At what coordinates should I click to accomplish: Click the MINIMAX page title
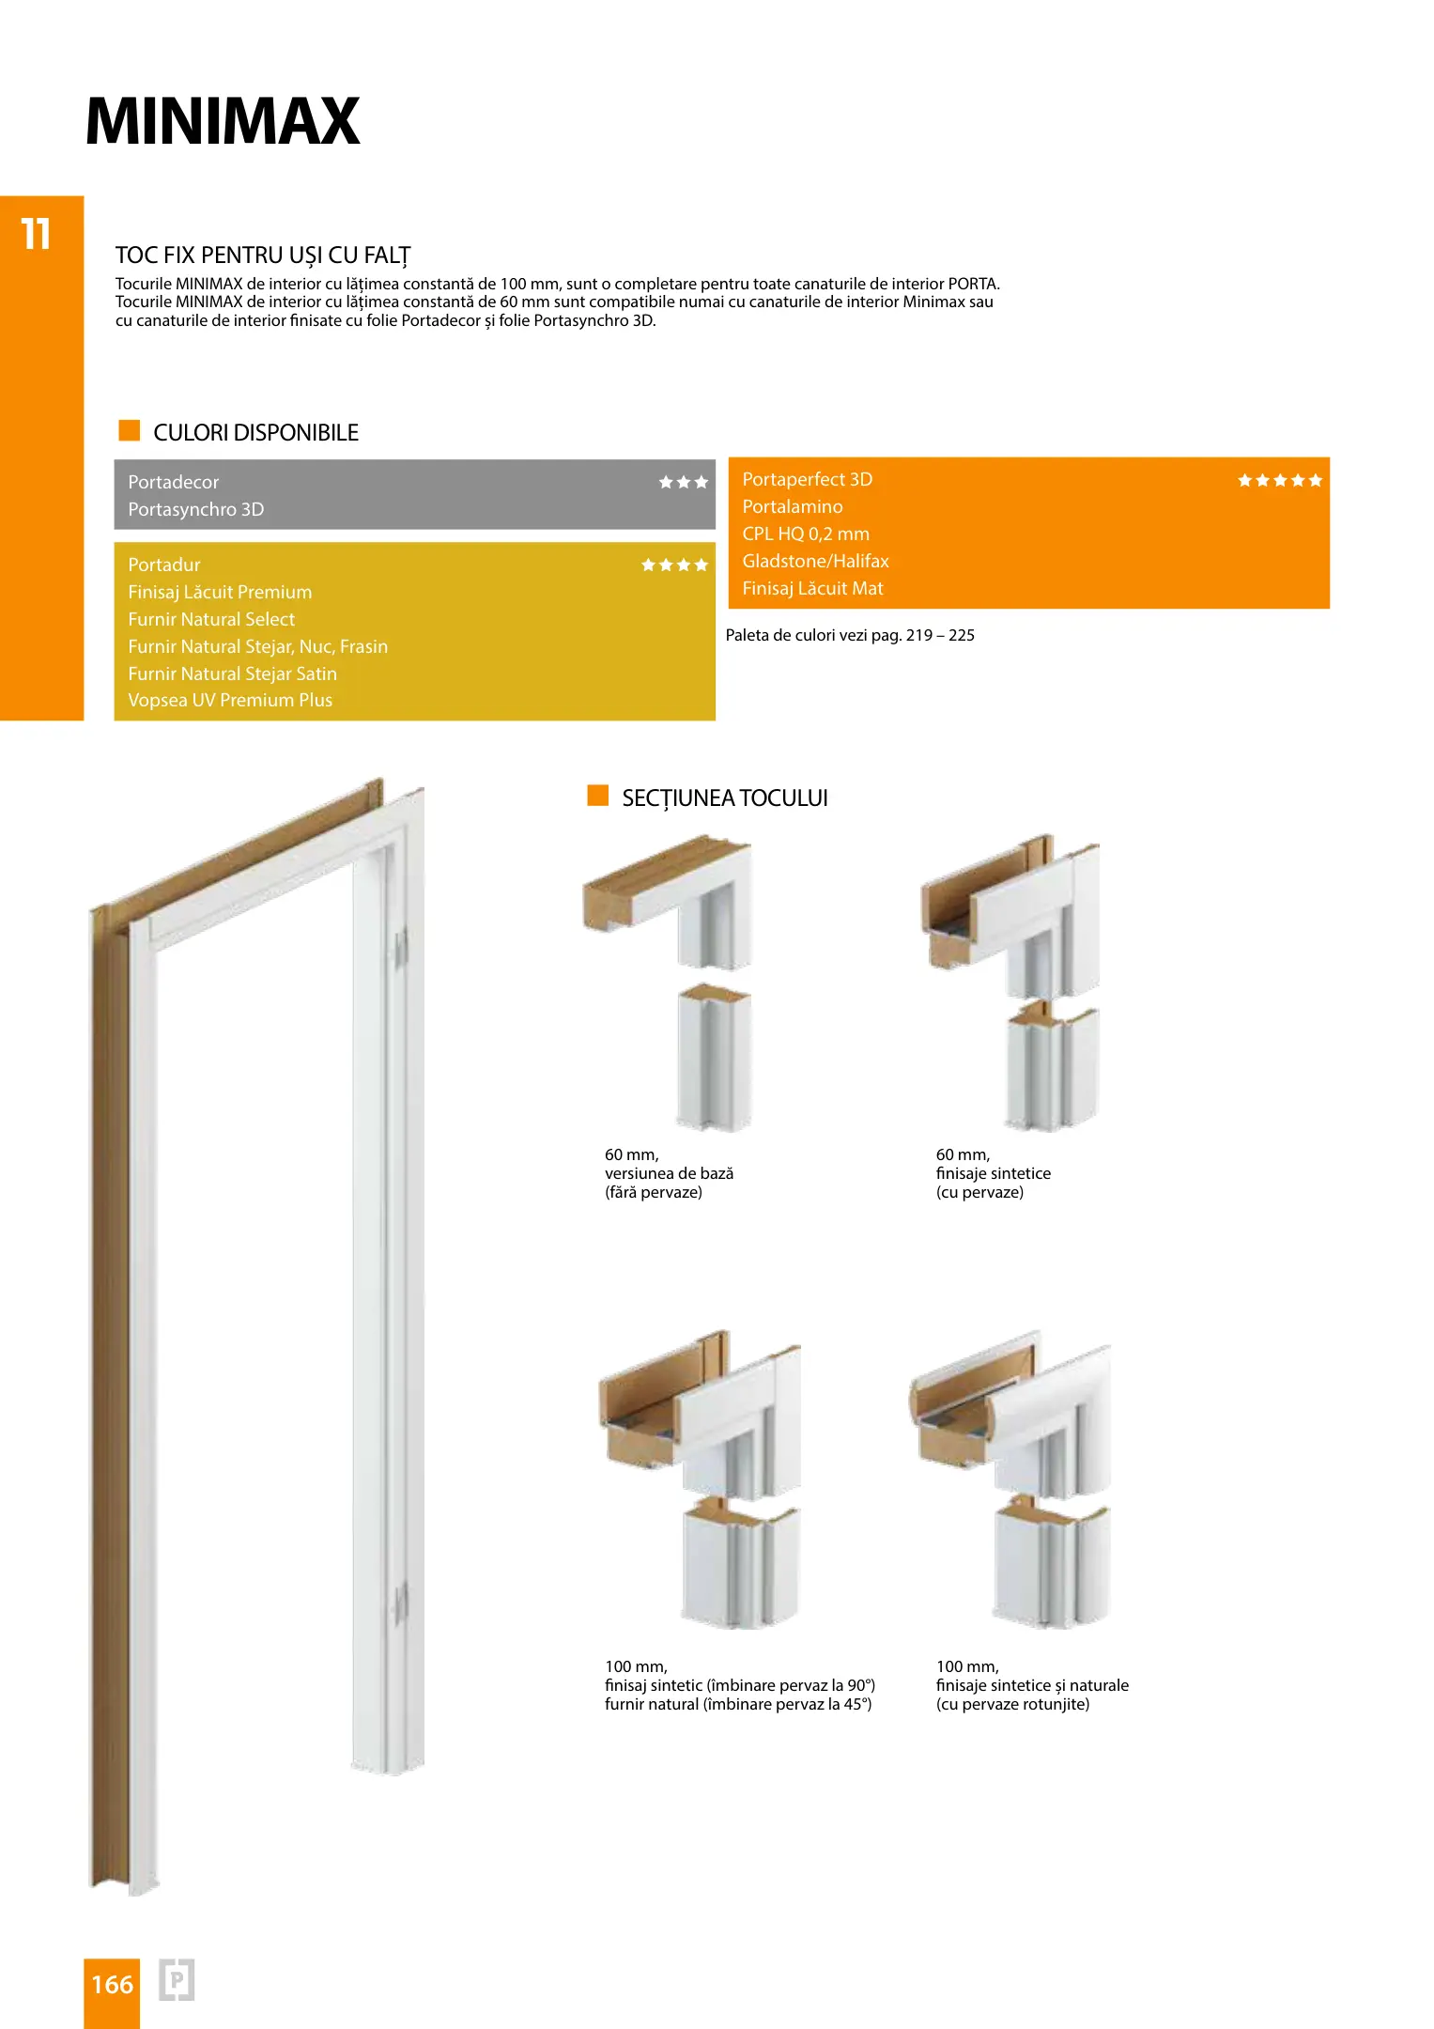coord(223,121)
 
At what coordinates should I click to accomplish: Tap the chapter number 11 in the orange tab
coord(36,234)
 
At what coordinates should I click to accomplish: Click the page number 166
coord(112,1984)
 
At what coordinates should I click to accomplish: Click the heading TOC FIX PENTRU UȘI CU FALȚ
coord(263,256)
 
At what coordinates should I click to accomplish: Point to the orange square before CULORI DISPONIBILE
coord(130,431)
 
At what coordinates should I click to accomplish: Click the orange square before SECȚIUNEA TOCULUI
coord(598,796)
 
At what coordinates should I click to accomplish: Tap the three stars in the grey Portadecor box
coord(683,482)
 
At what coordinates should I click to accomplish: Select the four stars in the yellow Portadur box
coord(674,565)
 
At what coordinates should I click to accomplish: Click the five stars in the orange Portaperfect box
coord(1279,480)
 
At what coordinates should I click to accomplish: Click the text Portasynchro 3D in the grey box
coord(196,509)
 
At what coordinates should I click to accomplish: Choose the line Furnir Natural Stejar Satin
coord(232,674)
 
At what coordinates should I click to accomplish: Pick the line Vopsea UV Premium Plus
coord(230,700)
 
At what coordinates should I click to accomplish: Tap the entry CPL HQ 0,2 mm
coord(806,534)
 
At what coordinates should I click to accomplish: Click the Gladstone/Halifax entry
coord(815,561)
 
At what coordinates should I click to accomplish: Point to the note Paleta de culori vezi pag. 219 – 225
coord(850,635)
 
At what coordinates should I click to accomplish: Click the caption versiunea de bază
coord(669,1173)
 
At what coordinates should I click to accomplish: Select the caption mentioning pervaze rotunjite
coord(1012,1704)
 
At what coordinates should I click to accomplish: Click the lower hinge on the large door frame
coord(401,1603)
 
